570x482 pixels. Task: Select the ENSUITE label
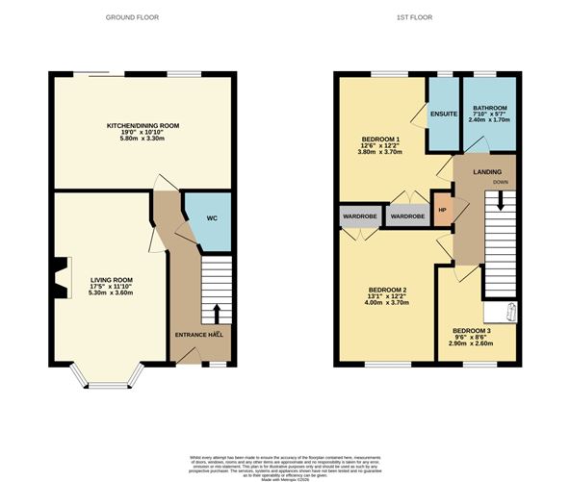pos(443,113)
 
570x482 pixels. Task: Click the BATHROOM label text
pos(491,107)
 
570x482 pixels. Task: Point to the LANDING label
pos(486,172)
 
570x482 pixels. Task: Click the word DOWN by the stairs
pos(501,182)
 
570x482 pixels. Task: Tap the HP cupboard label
pos(442,211)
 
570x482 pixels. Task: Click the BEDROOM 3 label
pos(472,329)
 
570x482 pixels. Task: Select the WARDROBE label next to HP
pos(405,216)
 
